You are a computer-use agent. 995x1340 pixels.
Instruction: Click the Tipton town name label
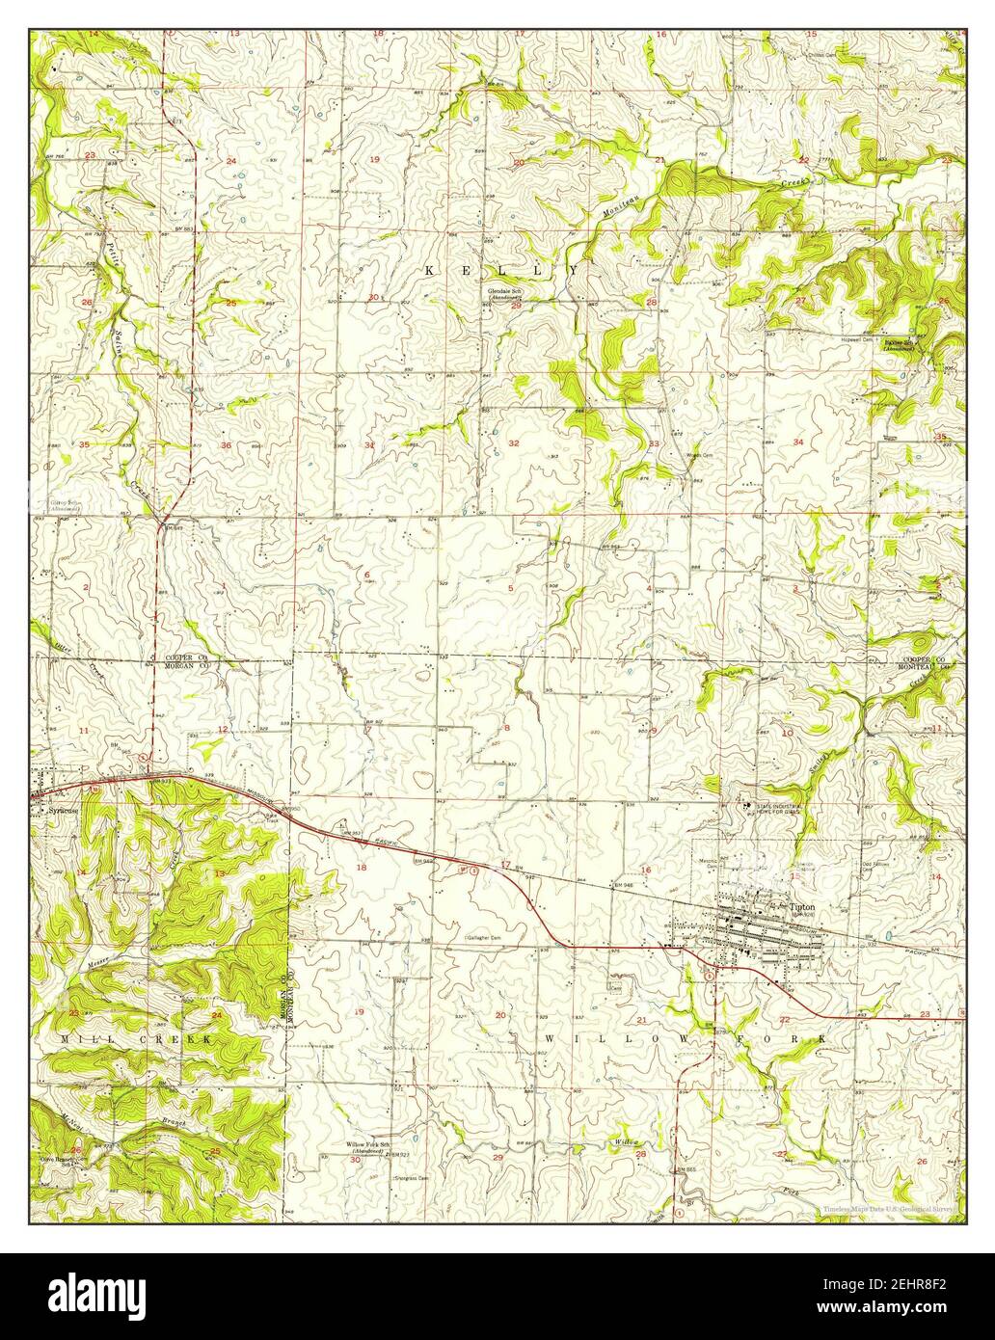click(x=802, y=907)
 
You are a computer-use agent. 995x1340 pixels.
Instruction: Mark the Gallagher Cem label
click(x=482, y=937)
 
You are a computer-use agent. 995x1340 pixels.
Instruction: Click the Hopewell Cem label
click(x=857, y=340)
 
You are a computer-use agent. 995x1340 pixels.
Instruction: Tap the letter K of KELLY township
click(x=429, y=272)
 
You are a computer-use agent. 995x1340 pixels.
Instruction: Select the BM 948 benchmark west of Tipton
click(x=624, y=884)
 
